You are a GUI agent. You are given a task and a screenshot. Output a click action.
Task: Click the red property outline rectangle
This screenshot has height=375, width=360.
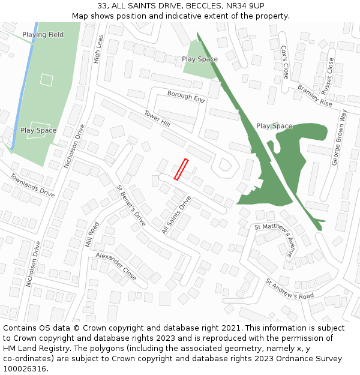pos(181,169)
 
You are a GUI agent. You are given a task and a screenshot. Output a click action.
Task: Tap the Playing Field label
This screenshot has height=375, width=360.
pos(43,35)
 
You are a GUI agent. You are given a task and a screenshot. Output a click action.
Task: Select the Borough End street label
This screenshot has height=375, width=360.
pos(186,97)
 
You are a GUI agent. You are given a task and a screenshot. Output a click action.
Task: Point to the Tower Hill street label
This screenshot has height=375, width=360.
pos(157,118)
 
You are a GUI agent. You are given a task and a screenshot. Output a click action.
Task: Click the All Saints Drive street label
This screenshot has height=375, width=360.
pos(176,215)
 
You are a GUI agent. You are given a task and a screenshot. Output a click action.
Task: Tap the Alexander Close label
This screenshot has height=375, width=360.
pos(116,266)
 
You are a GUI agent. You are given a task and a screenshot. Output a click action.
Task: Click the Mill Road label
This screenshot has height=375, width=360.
pos(92,234)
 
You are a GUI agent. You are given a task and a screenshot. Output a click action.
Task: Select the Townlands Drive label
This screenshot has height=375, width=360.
pos(32,185)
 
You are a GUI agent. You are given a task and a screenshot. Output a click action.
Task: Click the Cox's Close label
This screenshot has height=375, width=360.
pos(284,62)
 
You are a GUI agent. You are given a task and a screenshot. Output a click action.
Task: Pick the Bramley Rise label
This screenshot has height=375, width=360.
pos(315,95)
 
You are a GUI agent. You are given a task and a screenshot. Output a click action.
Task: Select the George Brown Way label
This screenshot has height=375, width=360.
pos(340,138)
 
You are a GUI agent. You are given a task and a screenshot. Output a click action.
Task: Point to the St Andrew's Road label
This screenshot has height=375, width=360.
pos(290,289)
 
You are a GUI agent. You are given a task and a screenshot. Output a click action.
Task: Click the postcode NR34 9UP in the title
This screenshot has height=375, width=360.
pos(245,6)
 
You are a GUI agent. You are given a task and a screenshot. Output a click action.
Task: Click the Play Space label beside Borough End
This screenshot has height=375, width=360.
pos(200,59)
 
